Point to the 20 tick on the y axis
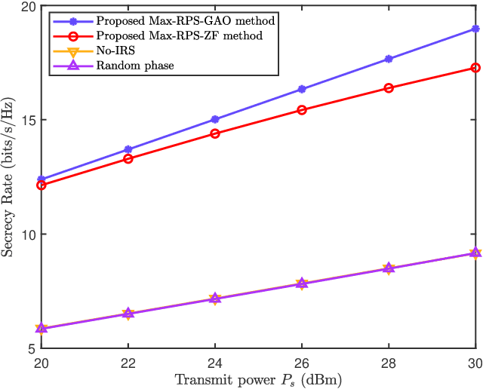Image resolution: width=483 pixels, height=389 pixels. [29, 7]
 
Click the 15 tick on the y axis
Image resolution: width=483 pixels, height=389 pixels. [29, 121]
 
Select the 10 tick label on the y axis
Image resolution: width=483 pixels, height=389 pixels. [29, 234]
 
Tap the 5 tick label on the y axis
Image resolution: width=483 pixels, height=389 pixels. [32, 349]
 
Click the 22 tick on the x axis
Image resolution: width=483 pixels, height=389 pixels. [128, 363]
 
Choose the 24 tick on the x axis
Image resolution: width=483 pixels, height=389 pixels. [215, 363]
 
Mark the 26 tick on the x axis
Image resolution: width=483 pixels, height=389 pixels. [302, 363]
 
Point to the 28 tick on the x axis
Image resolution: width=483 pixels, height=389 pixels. [389, 363]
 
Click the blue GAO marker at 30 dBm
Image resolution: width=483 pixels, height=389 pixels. [475, 29]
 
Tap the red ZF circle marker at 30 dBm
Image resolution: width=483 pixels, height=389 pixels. [475, 68]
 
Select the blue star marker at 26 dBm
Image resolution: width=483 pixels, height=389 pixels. [302, 89]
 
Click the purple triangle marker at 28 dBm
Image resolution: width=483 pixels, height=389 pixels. [389, 268]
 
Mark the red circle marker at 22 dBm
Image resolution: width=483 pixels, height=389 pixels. [128, 159]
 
